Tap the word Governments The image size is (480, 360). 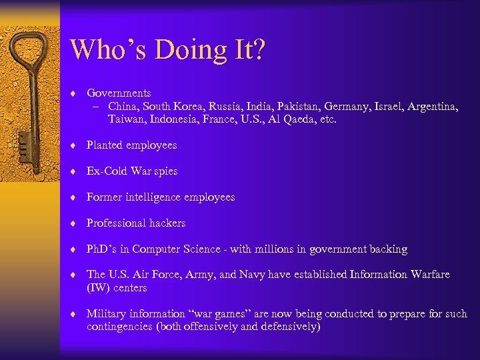click(x=119, y=93)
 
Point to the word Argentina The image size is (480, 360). click(x=435, y=106)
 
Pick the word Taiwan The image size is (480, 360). click(x=126, y=119)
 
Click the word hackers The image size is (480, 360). click(x=164, y=223)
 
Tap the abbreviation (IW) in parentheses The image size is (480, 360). click(x=99, y=288)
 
